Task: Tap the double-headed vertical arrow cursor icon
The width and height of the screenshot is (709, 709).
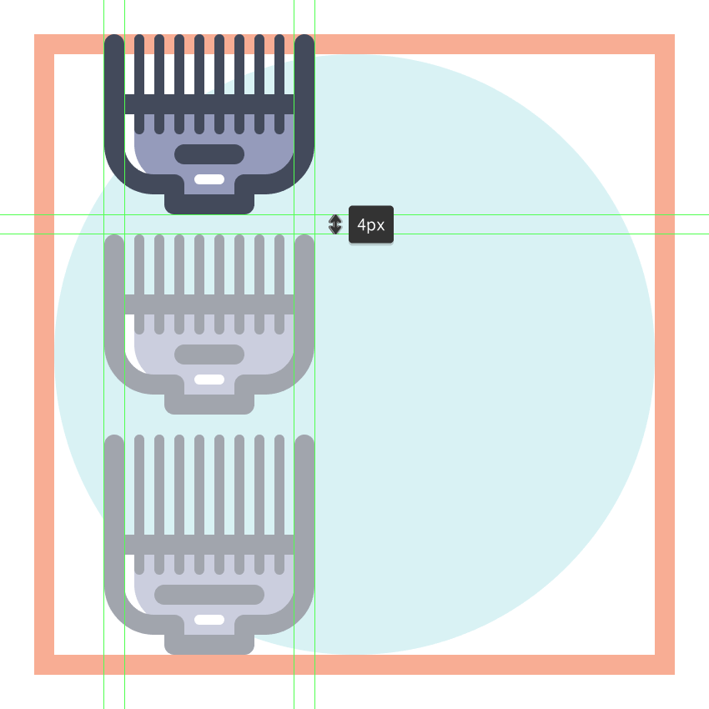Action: click(x=335, y=224)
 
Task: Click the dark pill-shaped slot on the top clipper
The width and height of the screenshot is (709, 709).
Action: click(x=209, y=154)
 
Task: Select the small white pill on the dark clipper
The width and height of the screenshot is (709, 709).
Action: click(x=209, y=179)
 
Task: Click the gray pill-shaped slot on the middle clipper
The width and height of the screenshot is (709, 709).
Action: click(x=209, y=354)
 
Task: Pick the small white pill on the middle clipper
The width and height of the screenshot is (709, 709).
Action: click(x=209, y=380)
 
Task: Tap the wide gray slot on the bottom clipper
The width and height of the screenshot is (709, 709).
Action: click(x=209, y=595)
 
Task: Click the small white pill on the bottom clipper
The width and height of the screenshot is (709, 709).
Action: click(x=209, y=620)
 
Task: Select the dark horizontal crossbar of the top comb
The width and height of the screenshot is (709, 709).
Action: click(x=209, y=104)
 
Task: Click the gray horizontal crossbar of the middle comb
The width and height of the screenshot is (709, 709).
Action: click(x=209, y=304)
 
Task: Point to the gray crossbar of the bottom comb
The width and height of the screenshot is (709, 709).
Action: click(x=209, y=545)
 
